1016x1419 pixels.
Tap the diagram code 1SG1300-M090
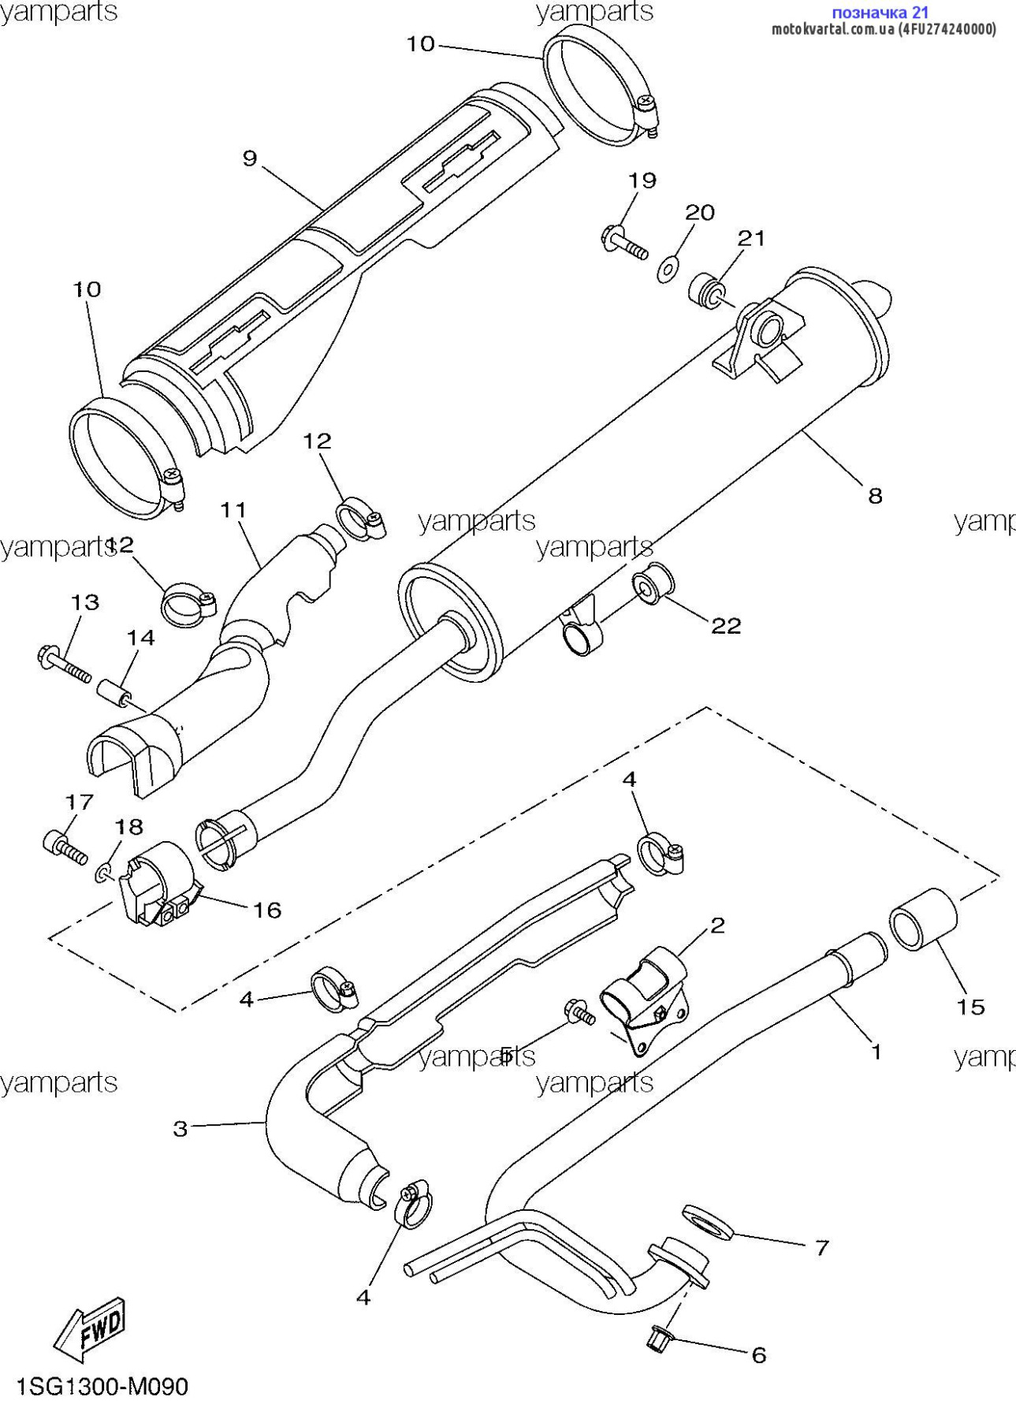point(102,1387)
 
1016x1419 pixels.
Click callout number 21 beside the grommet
point(751,238)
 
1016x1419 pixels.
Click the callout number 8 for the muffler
point(875,496)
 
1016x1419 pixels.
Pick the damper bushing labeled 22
point(653,584)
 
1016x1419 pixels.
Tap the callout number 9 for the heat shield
point(250,158)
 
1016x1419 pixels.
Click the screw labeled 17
point(64,847)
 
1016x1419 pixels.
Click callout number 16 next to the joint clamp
point(267,911)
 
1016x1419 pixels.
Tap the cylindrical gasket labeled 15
point(923,919)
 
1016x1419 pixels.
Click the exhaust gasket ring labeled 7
point(708,1221)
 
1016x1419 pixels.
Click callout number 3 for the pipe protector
point(180,1129)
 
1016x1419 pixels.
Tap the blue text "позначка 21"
point(880,12)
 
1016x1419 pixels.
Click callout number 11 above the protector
point(233,510)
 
